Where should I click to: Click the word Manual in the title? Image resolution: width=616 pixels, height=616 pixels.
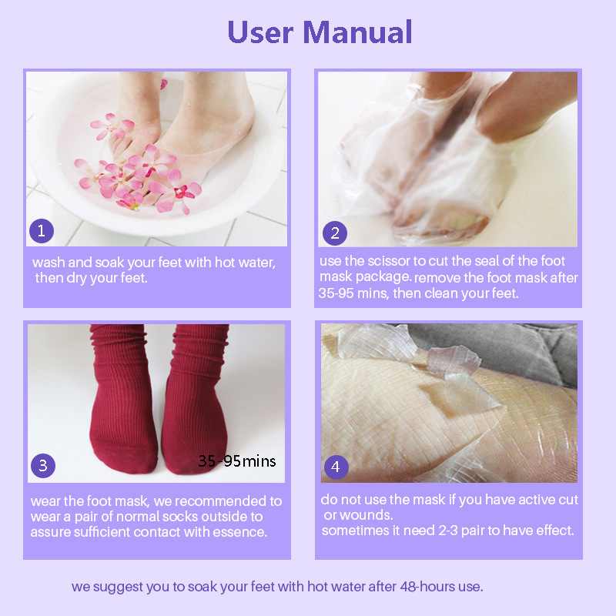(x=357, y=32)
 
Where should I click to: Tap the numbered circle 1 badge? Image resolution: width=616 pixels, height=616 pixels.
(x=42, y=230)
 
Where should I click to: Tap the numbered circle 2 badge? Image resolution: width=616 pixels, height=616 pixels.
(x=334, y=233)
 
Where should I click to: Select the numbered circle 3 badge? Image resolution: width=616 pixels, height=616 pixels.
(x=43, y=466)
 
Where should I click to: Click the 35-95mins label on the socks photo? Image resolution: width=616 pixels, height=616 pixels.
(x=236, y=461)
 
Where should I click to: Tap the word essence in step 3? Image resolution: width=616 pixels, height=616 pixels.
(x=242, y=532)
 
